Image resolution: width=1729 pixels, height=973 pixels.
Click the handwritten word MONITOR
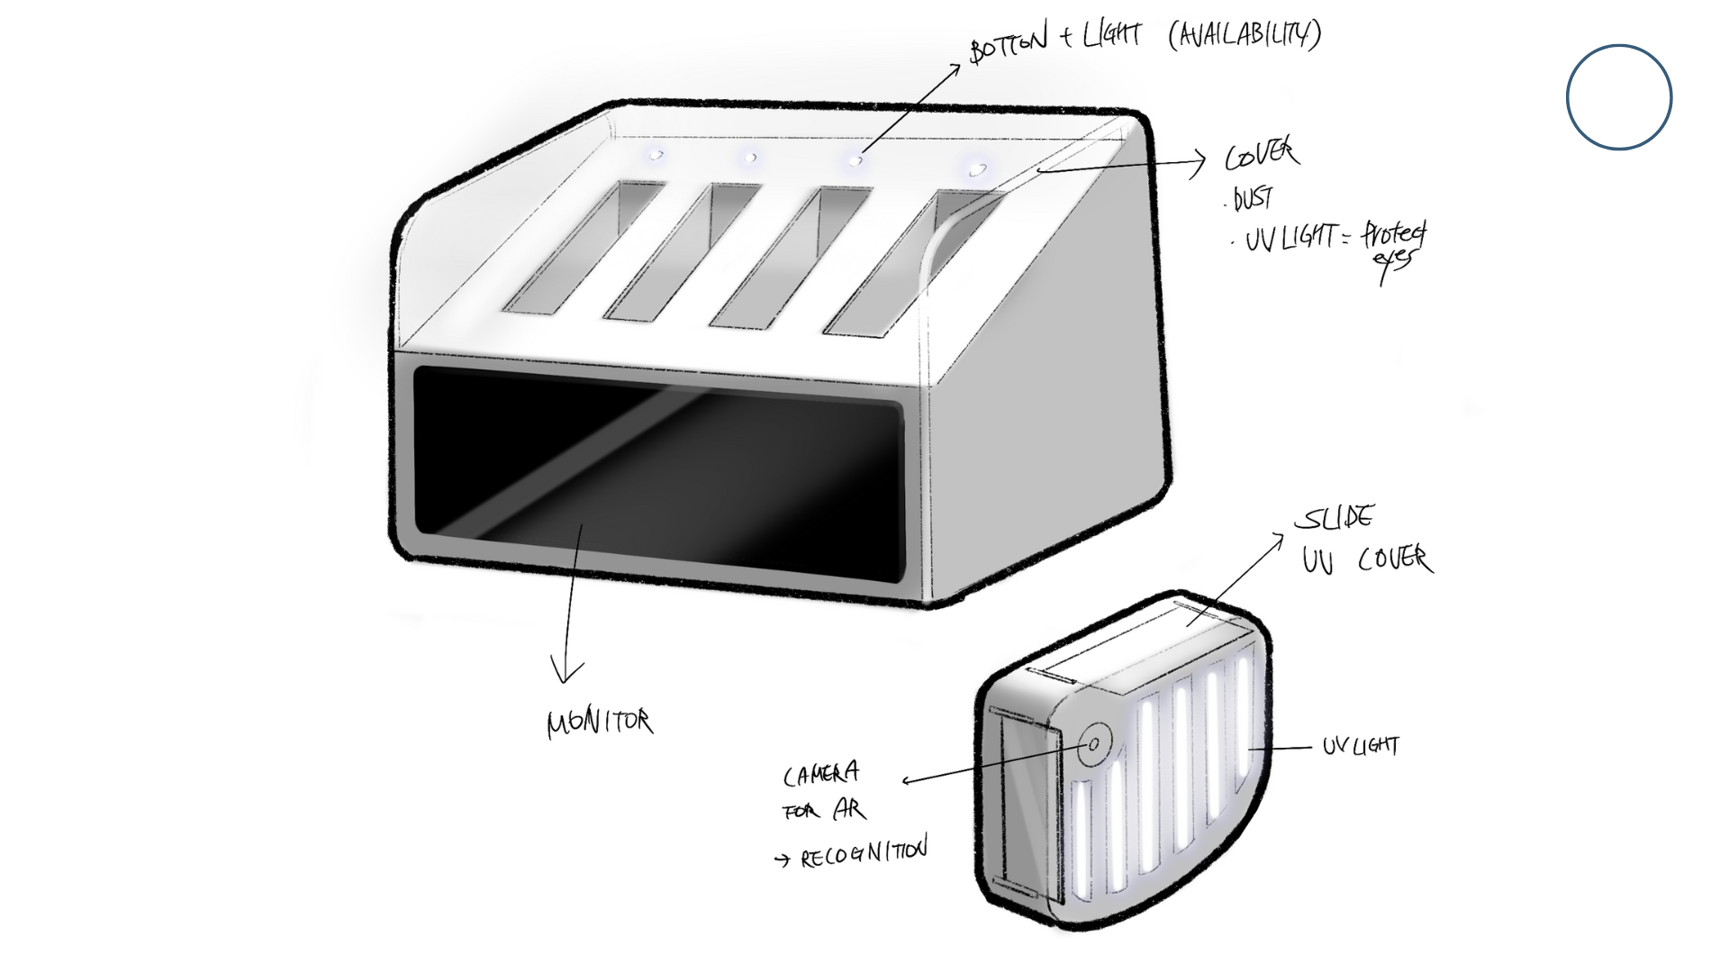[x=600, y=723]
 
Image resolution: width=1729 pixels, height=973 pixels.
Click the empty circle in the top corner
[x=1618, y=97]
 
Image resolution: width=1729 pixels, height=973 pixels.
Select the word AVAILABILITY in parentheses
[x=1245, y=34]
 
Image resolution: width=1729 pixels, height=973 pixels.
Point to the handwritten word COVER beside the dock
[x=1262, y=155]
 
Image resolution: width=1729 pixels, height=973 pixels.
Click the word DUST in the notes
[x=1253, y=198]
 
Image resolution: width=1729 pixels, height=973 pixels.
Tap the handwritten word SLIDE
[x=1335, y=519]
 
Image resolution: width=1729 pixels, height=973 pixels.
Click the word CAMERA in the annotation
[x=820, y=774]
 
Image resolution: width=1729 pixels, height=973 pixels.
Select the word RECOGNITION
[x=864, y=852]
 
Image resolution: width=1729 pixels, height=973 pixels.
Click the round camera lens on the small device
[x=1094, y=744]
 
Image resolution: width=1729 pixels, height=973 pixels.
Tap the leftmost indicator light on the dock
[x=656, y=156]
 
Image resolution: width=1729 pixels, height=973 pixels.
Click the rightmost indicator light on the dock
[x=976, y=168]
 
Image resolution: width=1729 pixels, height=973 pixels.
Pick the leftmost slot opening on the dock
[x=581, y=248]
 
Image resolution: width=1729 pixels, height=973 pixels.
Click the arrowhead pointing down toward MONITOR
[x=566, y=671]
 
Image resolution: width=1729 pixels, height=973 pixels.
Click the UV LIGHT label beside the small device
[x=1361, y=746]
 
